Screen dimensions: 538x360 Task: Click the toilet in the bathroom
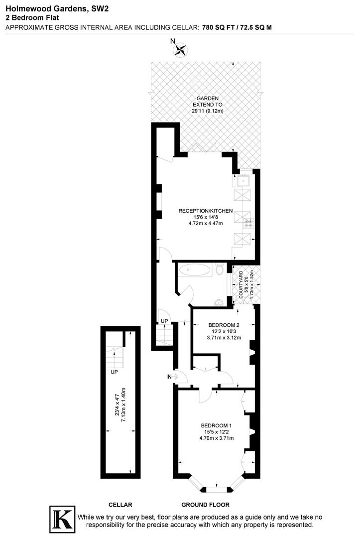tap(220, 271)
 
